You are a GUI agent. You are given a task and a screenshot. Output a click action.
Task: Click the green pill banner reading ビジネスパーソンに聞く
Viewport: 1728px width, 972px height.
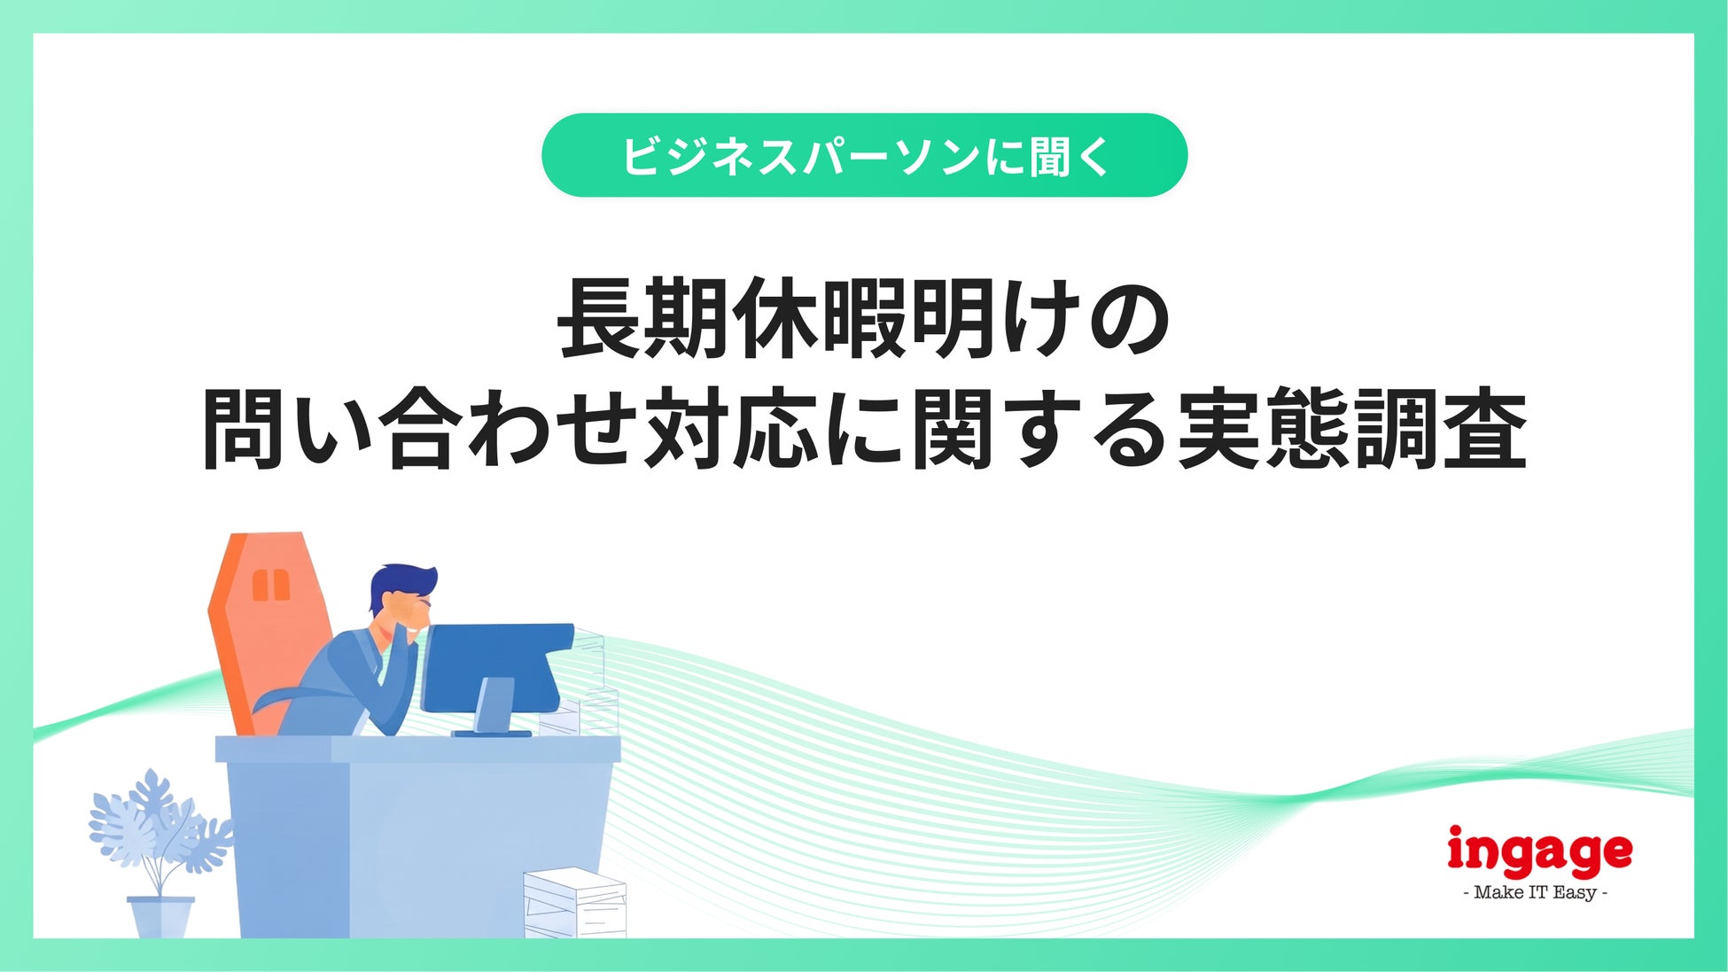pos(864,155)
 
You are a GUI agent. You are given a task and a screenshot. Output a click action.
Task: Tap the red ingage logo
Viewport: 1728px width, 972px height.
pos(1539,852)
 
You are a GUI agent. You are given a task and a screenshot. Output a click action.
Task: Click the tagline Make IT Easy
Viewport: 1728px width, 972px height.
pos(1536,892)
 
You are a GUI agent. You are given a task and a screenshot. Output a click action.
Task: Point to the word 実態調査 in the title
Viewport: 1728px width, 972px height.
pos(1351,429)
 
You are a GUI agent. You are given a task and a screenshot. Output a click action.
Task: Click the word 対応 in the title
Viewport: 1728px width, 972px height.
pos(730,429)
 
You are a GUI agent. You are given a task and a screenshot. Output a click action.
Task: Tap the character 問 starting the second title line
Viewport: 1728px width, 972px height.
pos(244,429)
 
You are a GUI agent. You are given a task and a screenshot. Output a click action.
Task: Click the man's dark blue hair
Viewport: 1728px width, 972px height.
pos(401,585)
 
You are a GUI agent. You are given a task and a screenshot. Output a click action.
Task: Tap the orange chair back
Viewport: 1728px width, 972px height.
pos(266,620)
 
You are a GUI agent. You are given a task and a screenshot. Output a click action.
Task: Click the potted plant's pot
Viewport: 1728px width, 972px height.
pos(160,917)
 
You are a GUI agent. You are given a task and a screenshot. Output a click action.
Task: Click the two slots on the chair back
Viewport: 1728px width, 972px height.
pos(270,585)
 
